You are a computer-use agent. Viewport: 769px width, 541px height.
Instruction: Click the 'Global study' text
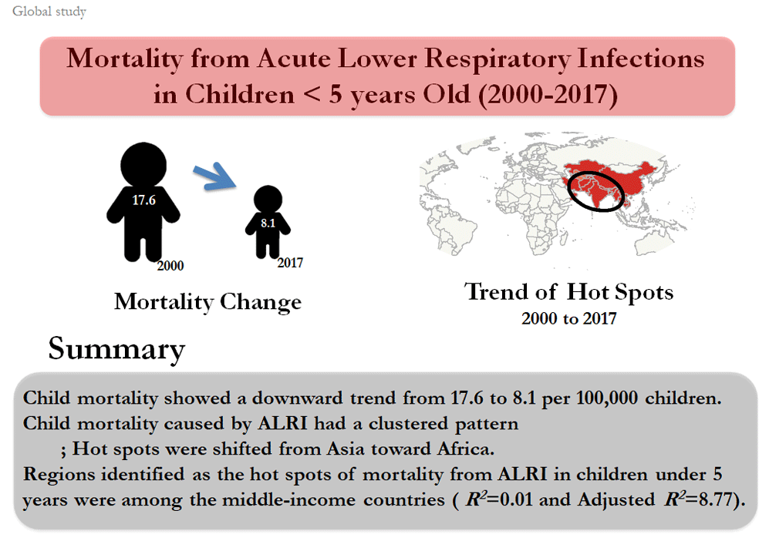pyautogui.click(x=49, y=12)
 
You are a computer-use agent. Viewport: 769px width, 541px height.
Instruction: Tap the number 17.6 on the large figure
pyautogui.click(x=143, y=200)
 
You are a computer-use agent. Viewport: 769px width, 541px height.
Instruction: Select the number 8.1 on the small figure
pyautogui.click(x=268, y=223)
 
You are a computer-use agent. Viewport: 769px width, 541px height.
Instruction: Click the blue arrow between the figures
pyautogui.click(x=214, y=177)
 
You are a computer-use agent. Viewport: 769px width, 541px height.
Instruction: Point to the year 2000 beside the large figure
pyautogui.click(x=170, y=266)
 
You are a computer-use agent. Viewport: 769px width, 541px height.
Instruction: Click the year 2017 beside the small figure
pyautogui.click(x=290, y=263)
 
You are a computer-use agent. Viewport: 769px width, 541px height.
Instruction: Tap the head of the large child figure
pyautogui.click(x=143, y=165)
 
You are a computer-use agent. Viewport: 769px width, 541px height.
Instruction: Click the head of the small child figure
pyautogui.click(x=268, y=200)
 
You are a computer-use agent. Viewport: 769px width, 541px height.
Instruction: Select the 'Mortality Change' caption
pyautogui.click(x=208, y=302)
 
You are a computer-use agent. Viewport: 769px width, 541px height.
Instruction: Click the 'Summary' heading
pyautogui.click(x=116, y=349)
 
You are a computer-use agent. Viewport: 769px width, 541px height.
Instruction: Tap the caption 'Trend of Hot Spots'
pyautogui.click(x=569, y=291)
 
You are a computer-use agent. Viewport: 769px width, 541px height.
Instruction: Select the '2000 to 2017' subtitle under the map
pyautogui.click(x=569, y=318)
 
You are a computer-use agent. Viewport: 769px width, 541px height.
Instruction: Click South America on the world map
pyautogui.click(x=452, y=231)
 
